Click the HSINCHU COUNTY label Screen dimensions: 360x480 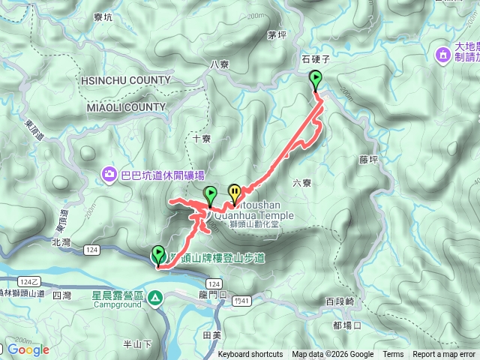(x=124, y=80)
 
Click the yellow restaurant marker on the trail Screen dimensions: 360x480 (x=235, y=194)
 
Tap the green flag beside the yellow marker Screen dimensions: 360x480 (x=211, y=196)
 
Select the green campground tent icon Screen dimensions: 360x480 (x=154, y=297)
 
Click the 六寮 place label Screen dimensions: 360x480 (x=301, y=182)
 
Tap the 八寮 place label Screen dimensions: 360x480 (x=219, y=64)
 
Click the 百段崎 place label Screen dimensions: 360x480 (x=339, y=301)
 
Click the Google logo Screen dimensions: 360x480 (x=28, y=349)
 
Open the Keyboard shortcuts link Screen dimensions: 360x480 (x=250, y=355)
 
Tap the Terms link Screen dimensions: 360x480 (x=393, y=355)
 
